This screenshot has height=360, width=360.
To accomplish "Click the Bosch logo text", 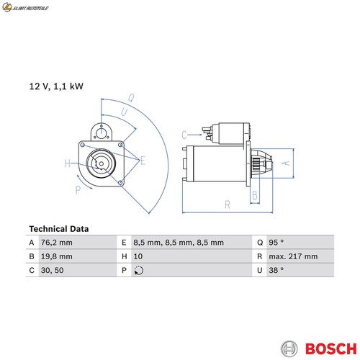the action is [x=331, y=348].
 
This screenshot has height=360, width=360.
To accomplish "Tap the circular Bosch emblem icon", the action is [x=289, y=348].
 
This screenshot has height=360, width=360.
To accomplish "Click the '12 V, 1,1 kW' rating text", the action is [x=56, y=86].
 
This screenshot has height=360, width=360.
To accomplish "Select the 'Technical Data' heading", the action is [x=59, y=229].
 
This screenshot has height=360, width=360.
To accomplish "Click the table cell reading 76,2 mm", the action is [x=57, y=243].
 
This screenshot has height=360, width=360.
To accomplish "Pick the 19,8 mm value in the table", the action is [x=57, y=256].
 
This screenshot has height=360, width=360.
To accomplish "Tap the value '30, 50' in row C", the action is [x=53, y=270].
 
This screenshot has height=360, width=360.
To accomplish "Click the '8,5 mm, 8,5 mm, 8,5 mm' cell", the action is [x=179, y=243].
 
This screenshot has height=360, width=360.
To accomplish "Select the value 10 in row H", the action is [x=138, y=256].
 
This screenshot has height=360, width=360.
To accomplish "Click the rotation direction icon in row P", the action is [x=139, y=271].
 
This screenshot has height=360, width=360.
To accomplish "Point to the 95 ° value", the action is [x=276, y=243].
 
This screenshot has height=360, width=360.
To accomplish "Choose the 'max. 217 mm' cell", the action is [x=293, y=256].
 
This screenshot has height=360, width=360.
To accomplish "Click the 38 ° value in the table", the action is [x=276, y=270].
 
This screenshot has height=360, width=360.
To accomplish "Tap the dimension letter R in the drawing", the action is [x=228, y=204].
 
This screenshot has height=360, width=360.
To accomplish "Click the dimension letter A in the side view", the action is [x=286, y=163].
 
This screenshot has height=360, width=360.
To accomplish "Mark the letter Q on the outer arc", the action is [x=131, y=98].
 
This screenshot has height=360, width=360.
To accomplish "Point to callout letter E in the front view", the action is [x=143, y=161].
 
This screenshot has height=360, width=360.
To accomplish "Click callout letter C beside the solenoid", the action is [x=184, y=135].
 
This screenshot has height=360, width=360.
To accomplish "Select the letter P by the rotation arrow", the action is [x=78, y=190].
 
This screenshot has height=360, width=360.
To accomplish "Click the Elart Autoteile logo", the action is [x=25, y=7].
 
